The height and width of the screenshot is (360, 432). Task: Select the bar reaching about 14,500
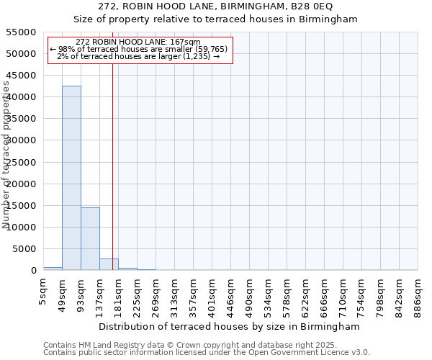point(90,238)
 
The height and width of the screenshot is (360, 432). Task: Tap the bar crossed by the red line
point(109,264)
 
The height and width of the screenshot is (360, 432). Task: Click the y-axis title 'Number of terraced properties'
point(7,155)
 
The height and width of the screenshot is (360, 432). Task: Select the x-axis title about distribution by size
point(230,326)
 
